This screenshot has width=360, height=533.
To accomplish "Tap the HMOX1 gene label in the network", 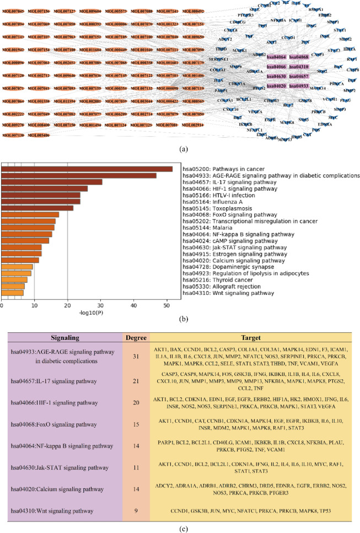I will (x=316, y=10).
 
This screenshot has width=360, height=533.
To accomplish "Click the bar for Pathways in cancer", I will (x=87, y=169).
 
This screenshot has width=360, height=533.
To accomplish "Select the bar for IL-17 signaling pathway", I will (x=52, y=182).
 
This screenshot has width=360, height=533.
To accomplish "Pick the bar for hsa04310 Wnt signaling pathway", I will (x=12, y=293).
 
